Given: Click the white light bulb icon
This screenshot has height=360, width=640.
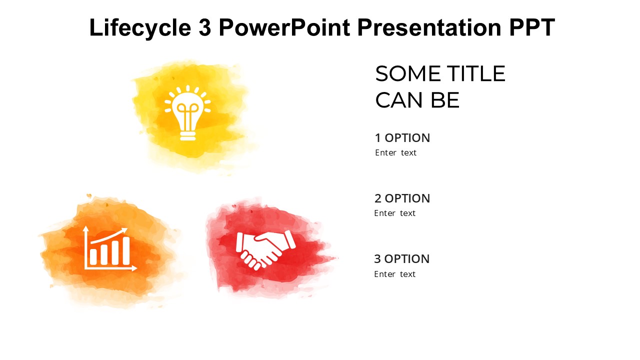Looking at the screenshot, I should (x=188, y=113).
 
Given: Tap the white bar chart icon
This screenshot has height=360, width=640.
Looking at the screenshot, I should (x=110, y=248).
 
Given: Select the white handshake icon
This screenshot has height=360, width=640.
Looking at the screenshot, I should (x=265, y=248).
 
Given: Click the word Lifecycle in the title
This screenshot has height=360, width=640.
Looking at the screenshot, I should (x=140, y=27).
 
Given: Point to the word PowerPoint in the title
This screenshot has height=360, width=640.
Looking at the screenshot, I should (x=284, y=27).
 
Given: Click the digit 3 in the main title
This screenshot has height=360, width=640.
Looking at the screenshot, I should (x=204, y=27).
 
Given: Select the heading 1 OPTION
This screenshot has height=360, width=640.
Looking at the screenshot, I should (x=402, y=138).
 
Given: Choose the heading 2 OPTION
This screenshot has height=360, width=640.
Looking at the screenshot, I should (x=402, y=198).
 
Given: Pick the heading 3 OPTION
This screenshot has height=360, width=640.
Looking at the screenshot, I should (x=402, y=259).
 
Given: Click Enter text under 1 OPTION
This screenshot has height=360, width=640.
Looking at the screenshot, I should (x=395, y=153).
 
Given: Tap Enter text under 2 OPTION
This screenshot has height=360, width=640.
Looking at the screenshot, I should (x=395, y=213).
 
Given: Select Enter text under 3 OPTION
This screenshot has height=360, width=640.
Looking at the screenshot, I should (x=395, y=274).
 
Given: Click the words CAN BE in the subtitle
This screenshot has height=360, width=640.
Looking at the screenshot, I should (x=417, y=100).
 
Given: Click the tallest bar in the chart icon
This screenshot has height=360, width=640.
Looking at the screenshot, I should (x=126, y=250).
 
